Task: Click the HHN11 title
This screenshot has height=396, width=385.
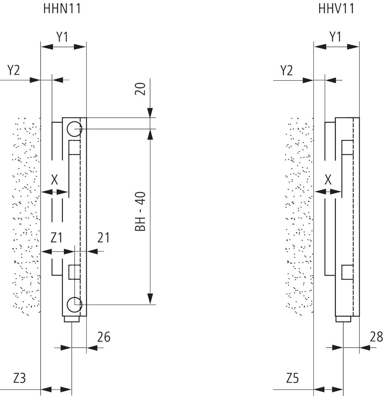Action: pos(62,8)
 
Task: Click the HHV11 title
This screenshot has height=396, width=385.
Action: pos(336,8)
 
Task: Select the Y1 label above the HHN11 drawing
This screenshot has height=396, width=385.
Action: pos(62,37)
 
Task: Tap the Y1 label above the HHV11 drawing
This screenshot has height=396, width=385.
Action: pos(335,37)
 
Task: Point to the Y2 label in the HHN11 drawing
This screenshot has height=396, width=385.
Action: pos(14,70)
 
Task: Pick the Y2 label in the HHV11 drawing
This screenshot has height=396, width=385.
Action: pos(287,70)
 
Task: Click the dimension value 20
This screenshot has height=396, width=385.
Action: pos(141,89)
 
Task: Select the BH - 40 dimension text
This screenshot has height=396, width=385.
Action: pos(141,212)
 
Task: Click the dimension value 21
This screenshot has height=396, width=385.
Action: pos(104,238)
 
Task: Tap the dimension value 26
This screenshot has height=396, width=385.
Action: pos(104,337)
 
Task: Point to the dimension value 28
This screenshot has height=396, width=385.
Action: pos(377,337)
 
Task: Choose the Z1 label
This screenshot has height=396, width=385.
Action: pos(56,238)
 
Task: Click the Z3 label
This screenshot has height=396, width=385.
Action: pos(19,378)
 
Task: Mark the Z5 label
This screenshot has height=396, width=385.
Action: pos(292,378)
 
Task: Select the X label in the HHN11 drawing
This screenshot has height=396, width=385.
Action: pos(55,180)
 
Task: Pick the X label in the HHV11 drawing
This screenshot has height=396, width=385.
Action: pos(328,180)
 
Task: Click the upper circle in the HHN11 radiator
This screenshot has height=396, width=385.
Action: pos(75,129)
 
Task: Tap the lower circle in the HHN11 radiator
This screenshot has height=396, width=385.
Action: pos(75,304)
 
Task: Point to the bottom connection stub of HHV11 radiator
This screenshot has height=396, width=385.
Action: pos(343,319)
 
